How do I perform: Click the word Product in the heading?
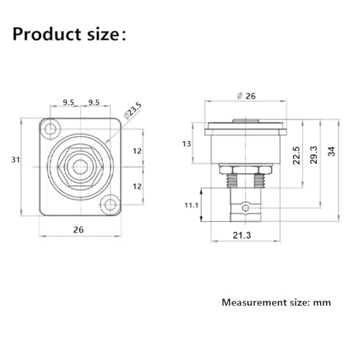coord(47,34)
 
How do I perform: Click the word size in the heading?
coord(102,35)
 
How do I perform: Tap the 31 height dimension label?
coord(16,160)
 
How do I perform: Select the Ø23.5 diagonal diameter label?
coord(133,111)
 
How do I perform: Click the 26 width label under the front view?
coord(78,230)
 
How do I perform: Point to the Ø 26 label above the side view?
coord(246,96)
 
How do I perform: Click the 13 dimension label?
coord(186,144)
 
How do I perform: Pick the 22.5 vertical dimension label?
coord(297,156)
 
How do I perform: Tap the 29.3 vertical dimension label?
coord(314,155)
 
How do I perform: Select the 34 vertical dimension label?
coord(331,151)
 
